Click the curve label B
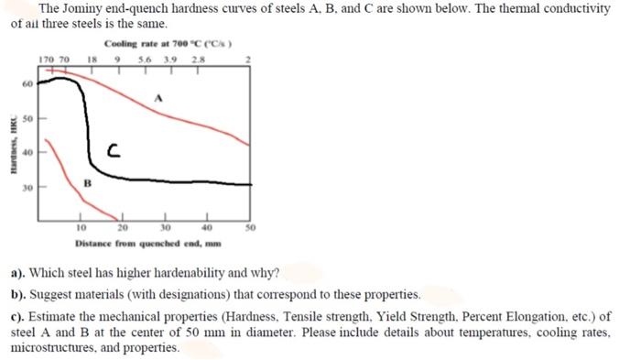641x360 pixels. (88, 181)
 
